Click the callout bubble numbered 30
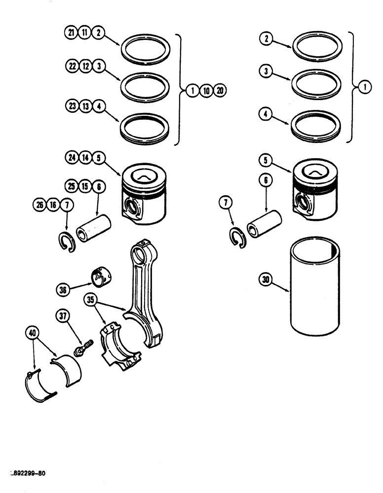(266, 280)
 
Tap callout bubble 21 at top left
(71, 33)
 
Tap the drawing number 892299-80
(28, 473)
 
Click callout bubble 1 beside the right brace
(365, 88)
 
